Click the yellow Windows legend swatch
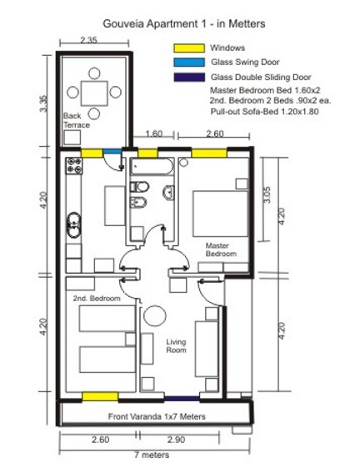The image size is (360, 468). pos(189,48)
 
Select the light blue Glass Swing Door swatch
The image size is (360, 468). pos(189,63)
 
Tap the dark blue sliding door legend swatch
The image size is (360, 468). pos(189,78)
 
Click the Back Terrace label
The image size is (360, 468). pos(77,120)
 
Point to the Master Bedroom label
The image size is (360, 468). pos(221,249)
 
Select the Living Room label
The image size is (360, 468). pos(176,346)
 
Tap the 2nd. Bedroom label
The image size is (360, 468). pos(97,298)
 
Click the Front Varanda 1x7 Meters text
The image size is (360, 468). pos(157,416)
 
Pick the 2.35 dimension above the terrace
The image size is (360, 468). pos(88,40)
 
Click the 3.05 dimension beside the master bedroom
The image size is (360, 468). pos(267,194)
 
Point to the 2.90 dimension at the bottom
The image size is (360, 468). pos(177,440)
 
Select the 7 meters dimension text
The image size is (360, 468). pos(152,455)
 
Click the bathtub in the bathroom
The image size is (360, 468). pos(152,166)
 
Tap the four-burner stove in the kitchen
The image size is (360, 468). pos(74,166)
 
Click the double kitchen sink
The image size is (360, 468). pos(73,224)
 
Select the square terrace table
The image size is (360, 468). pos(94,93)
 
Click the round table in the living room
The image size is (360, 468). pos(155,316)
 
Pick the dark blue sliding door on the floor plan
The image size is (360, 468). pos(182,399)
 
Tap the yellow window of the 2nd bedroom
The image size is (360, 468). pos(100,396)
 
